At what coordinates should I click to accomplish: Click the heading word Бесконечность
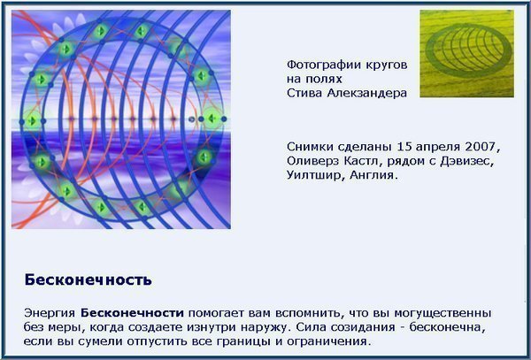tap(88, 280)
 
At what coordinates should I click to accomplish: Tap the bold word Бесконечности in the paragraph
tap(132, 313)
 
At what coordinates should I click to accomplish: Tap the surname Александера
tap(366, 93)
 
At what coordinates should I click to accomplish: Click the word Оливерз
tap(312, 161)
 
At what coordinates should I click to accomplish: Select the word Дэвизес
tap(466, 161)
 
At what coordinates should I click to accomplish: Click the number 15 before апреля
tap(404, 147)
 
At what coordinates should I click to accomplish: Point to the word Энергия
tap(50, 313)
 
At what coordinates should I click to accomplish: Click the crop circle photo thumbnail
tap(466, 53)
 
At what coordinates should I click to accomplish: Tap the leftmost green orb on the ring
tap(33, 120)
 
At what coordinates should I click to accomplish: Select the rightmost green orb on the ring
tap(212, 119)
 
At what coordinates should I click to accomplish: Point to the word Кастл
tap(359, 161)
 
